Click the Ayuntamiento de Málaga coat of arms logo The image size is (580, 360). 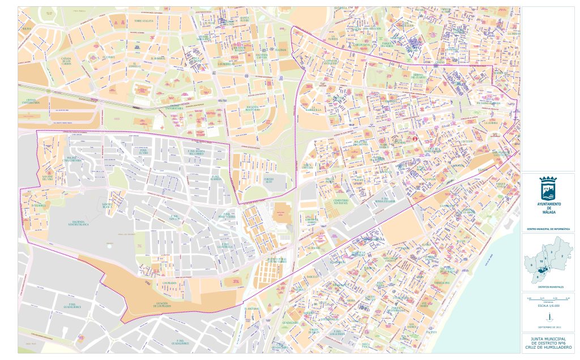(548, 187)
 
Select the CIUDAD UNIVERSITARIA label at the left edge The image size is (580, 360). (31, 102)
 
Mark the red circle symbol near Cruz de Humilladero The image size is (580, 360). (415, 138)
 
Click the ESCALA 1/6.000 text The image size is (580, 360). (548, 305)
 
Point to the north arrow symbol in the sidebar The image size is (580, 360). (548, 318)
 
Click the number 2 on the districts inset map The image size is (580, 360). (561, 256)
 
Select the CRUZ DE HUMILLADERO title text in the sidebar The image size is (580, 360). (548, 346)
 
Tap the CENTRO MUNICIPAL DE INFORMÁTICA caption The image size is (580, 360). (548, 229)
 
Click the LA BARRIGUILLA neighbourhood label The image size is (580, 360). (313, 110)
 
